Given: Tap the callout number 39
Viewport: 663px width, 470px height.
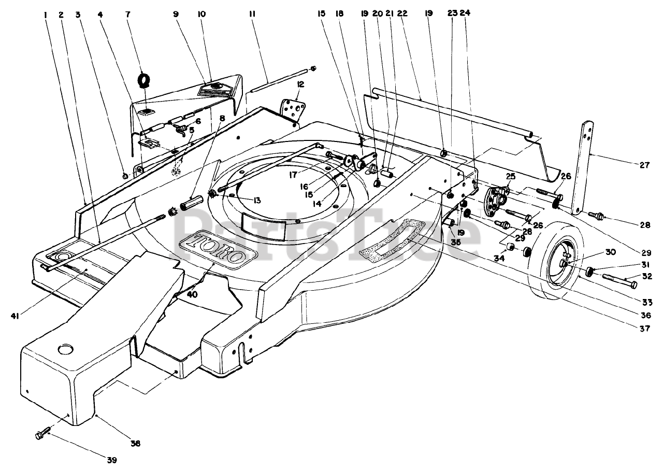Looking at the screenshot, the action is click(x=112, y=460).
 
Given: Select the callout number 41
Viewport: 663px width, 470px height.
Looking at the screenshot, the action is click(x=15, y=317).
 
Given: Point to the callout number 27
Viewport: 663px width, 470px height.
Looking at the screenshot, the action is click(x=644, y=165).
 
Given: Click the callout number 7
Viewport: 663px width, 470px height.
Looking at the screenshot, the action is click(x=127, y=14).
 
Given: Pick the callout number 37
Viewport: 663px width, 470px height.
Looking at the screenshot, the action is click(x=644, y=328).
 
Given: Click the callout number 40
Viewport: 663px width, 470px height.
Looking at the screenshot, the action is click(x=192, y=294).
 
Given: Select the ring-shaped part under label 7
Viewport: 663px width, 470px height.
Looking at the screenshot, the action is click(x=144, y=80).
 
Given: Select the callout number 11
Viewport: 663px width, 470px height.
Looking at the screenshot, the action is click(x=252, y=14).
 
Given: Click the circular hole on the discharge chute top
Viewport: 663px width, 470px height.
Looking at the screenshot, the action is click(x=66, y=349).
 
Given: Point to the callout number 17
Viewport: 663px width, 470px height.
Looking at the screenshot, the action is click(x=293, y=175).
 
